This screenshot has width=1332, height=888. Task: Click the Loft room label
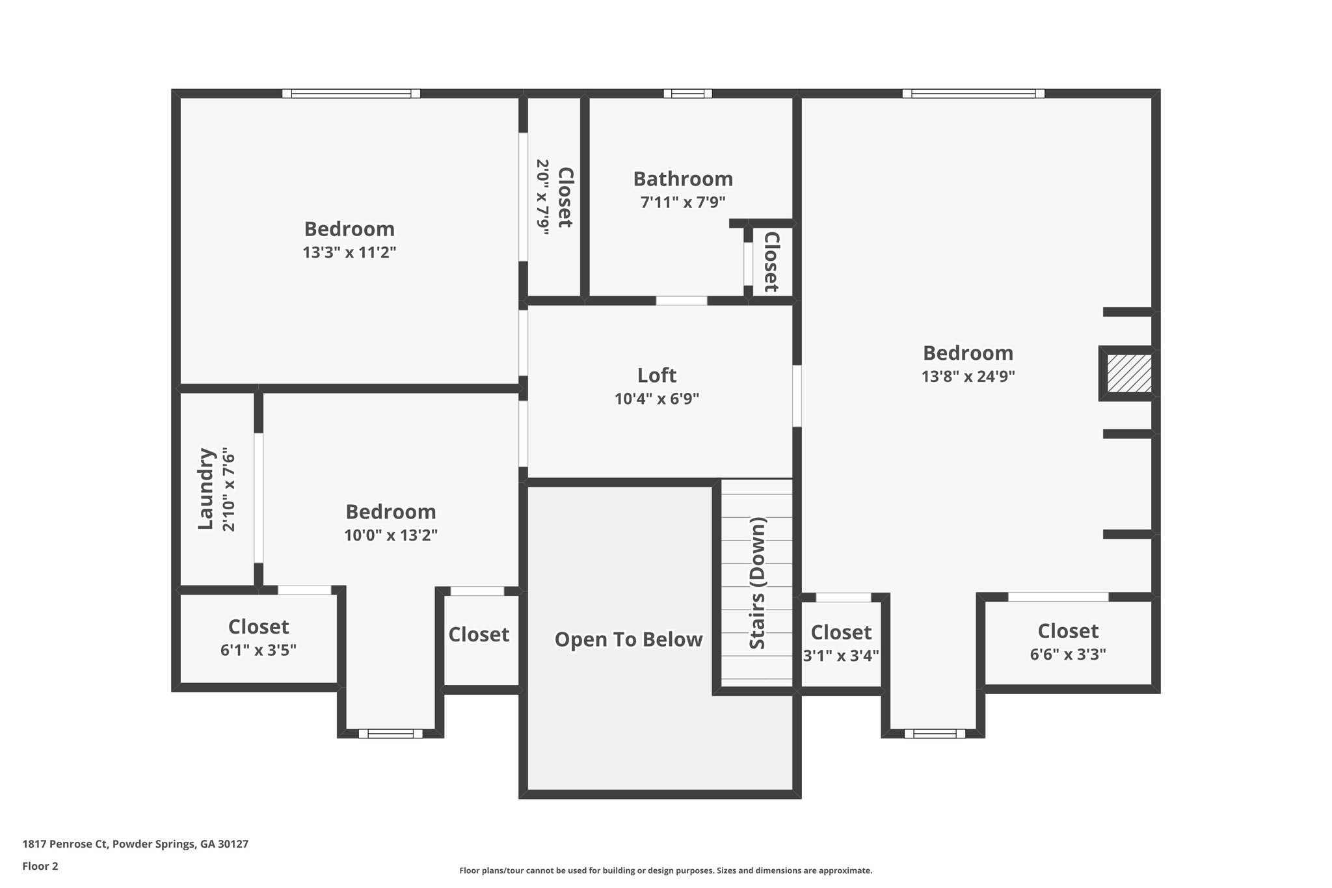(x=656, y=375)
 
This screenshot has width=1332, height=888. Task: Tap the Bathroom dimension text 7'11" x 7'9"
(x=682, y=202)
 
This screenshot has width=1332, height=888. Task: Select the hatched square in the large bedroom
(x=1129, y=373)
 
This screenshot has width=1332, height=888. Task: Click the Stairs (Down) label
(x=758, y=583)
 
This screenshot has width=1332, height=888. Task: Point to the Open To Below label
(x=628, y=639)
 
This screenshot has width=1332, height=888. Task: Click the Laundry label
(x=206, y=489)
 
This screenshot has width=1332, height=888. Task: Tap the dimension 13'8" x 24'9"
(x=968, y=376)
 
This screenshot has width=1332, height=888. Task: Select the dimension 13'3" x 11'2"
(x=349, y=252)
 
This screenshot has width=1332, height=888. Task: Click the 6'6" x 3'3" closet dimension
(x=1067, y=654)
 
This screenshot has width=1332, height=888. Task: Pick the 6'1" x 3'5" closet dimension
(x=258, y=650)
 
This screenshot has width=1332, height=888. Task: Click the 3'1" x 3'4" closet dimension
(x=841, y=656)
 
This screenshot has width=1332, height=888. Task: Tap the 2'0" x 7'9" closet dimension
(x=543, y=196)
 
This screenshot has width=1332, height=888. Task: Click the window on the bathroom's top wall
(x=687, y=94)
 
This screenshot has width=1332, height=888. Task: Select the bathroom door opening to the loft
(x=681, y=301)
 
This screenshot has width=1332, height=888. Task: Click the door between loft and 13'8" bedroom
(x=797, y=396)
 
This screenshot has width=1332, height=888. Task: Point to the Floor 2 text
(x=40, y=866)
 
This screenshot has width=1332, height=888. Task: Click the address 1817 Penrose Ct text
(x=135, y=844)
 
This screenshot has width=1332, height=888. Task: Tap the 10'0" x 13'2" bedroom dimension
(x=390, y=535)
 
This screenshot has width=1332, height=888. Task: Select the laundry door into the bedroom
(x=258, y=498)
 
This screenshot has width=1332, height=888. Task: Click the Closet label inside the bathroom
(x=771, y=262)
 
